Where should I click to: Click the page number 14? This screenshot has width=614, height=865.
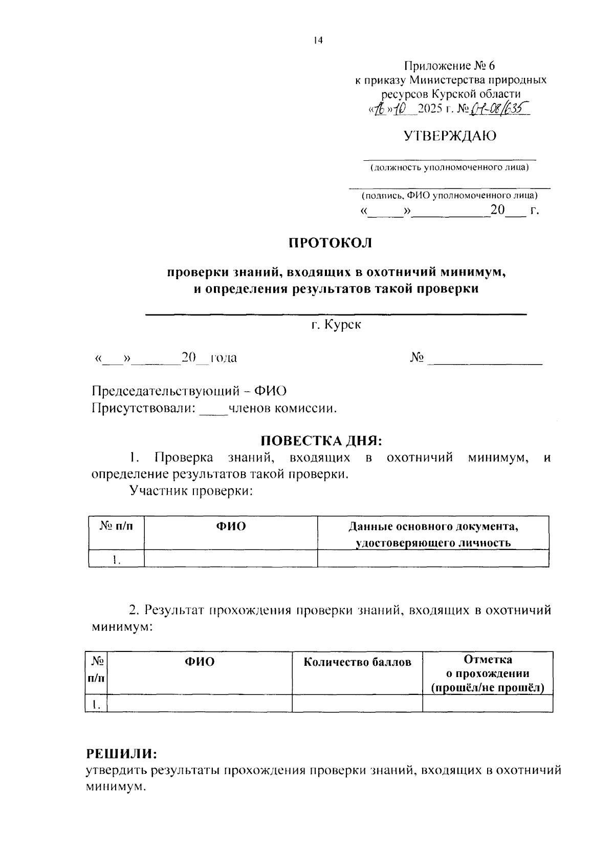(318, 40)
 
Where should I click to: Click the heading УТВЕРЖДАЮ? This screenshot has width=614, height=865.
(450, 136)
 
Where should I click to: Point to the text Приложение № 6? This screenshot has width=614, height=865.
(450, 66)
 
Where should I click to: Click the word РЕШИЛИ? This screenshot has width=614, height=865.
(122, 753)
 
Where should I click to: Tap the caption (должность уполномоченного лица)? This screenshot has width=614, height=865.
(450, 167)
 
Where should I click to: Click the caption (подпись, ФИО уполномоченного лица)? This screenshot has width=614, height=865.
(450, 196)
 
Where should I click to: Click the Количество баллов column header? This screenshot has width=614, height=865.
(357, 662)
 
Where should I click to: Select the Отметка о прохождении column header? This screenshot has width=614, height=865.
(488, 673)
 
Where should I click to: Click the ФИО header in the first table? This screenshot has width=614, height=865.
(231, 526)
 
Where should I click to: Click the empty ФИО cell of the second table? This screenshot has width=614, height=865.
(200, 704)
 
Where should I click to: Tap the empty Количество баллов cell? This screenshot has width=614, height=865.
(357, 704)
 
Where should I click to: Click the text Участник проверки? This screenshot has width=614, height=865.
(192, 491)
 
